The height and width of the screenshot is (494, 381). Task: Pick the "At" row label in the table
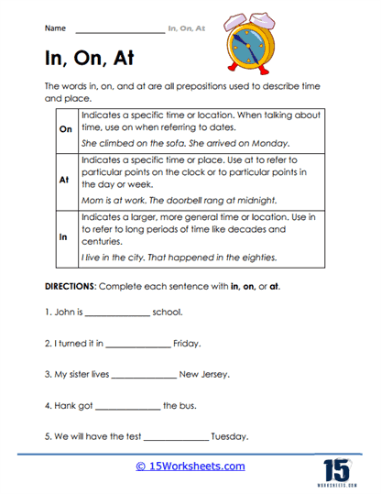[64, 181]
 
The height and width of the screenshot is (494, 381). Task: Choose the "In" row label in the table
[64, 236]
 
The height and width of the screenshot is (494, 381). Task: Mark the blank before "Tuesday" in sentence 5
[177, 436]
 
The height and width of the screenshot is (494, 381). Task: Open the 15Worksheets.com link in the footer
[190, 467]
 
